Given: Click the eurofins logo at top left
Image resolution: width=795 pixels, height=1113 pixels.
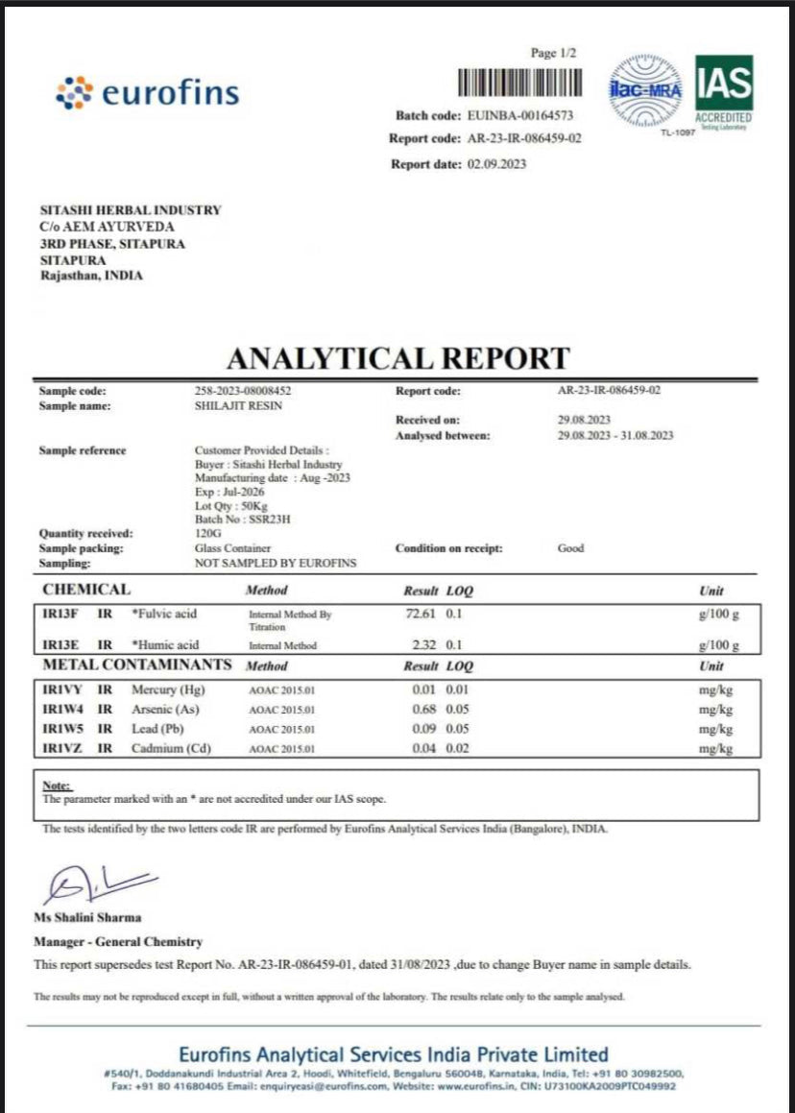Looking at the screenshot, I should point(147,92).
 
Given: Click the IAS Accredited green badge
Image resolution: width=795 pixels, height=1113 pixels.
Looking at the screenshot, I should point(723,91).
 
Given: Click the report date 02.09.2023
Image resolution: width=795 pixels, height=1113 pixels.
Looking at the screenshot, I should point(497,164).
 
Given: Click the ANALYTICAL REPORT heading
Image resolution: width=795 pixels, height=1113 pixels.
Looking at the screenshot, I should point(397,358).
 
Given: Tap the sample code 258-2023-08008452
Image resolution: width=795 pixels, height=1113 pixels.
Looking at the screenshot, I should point(242,391).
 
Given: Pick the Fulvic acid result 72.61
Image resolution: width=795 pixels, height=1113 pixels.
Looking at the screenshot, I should point(422,613).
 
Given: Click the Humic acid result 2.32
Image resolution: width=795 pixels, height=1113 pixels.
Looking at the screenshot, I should point(425,645).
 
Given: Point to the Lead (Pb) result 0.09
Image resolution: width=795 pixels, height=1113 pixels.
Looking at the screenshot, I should point(425,729).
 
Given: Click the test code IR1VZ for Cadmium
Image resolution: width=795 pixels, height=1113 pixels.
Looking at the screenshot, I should point(60,748).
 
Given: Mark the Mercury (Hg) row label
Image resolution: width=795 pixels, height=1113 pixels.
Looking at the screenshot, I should point(168,690).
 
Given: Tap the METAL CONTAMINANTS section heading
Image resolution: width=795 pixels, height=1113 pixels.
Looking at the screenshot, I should point(136,665).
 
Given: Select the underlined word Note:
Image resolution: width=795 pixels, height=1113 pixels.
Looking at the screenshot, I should point(57,785).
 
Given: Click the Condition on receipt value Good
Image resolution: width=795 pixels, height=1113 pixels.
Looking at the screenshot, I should point(570,548).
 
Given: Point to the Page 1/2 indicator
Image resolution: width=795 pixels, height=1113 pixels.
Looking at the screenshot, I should point(553,53).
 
